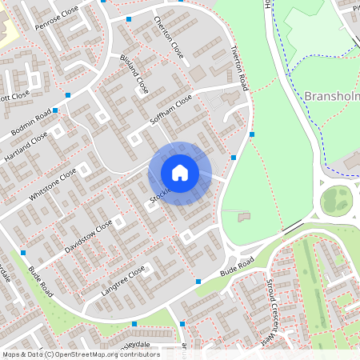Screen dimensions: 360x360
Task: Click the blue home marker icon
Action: pyautogui.click(x=180, y=172)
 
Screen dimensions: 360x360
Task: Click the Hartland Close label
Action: pyautogui.click(x=26, y=147)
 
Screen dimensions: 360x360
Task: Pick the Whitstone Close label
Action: pyautogui.click(x=53, y=185)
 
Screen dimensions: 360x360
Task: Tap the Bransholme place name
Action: pyautogui.click(x=332, y=97)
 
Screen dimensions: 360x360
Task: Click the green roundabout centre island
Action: pyautogui.click(x=337, y=201)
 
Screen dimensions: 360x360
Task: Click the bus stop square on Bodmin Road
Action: pyautogui.click(x=68, y=95)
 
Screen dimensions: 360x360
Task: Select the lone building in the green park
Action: pyautogui.click(x=243, y=216)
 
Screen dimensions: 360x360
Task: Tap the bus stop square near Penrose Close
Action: pyautogui.click(x=129, y=18)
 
